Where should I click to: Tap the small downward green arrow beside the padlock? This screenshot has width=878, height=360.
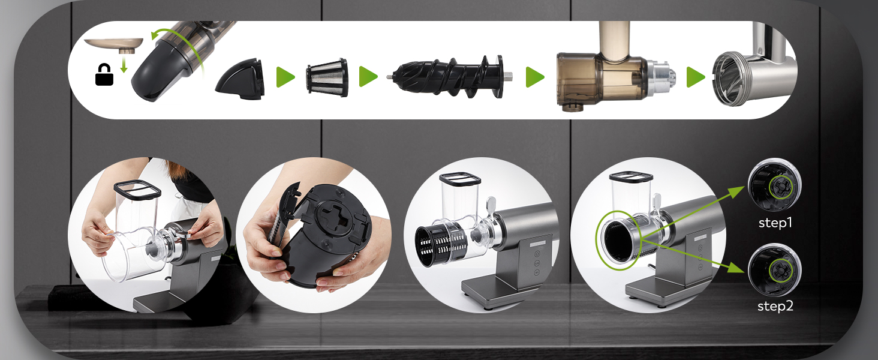click(124, 64)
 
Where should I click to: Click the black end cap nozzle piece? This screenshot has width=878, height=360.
click(240, 79)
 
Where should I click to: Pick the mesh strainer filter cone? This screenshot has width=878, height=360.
click(327, 77)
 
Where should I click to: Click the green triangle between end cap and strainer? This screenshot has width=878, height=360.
click(285, 77)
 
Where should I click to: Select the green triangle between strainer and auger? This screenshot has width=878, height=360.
click(368, 77)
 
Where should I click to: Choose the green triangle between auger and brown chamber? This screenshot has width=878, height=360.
click(534, 77)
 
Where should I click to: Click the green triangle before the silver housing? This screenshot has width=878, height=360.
click(696, 77)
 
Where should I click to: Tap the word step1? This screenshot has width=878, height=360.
click(775, 223)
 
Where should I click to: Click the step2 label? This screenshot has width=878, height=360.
click(775, 306)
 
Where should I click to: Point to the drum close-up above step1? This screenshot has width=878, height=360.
click(774, 185)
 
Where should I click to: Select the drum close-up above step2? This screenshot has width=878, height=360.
click(774, 270)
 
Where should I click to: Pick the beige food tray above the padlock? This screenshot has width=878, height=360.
click(114, 44)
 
